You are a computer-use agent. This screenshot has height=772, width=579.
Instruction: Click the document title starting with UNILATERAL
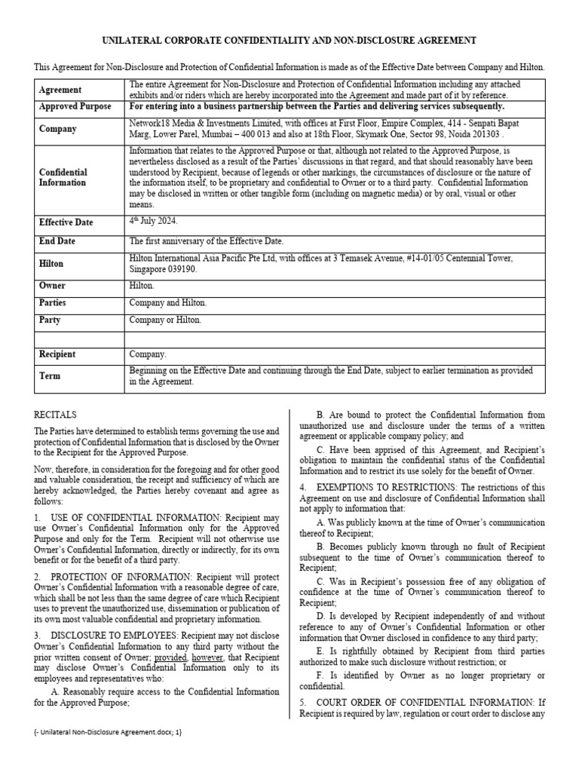click(289, 41)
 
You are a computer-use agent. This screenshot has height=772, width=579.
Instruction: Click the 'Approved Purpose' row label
click(75, 107)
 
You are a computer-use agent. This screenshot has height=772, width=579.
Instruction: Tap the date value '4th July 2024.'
click(154, 222)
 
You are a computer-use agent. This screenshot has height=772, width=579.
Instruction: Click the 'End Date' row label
click(60, 241)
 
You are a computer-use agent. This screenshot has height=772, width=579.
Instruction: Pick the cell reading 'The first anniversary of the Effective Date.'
click(206, 241)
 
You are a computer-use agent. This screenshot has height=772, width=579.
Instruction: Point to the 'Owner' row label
click(52, 286)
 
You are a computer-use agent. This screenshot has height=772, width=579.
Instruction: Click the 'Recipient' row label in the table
click(58, 353)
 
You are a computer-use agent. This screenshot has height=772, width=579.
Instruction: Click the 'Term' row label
click(50, 375)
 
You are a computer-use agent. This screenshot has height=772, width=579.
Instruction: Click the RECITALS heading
click(56, 415)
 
